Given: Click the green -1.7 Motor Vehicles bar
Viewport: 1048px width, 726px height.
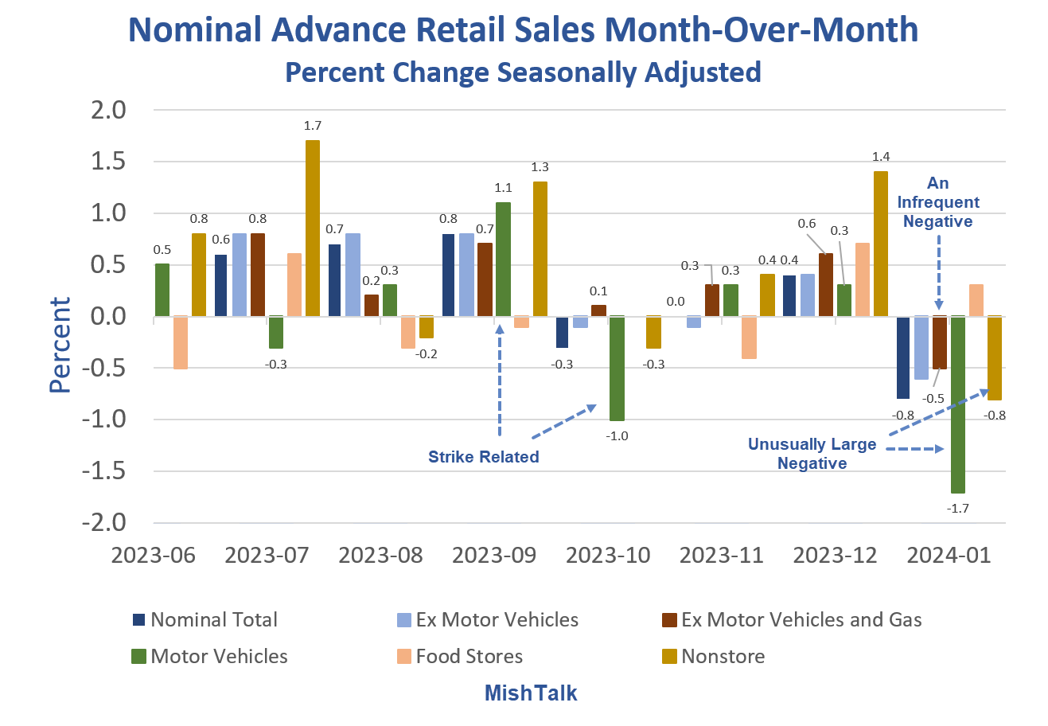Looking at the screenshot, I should (957, 404).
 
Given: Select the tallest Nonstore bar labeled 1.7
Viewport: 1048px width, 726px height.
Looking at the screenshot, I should (313, 228).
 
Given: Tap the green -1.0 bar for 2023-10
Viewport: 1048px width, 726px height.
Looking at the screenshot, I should (617, 368).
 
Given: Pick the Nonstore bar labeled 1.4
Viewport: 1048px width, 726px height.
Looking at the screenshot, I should (881, 244).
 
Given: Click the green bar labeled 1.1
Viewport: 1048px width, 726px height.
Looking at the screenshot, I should (503, 260).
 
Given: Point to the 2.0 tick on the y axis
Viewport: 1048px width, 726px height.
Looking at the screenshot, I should (110, 110).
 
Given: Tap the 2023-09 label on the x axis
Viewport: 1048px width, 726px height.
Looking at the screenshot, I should (494, 555).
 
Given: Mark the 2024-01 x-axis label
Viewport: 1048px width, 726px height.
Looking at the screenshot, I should (949, 555).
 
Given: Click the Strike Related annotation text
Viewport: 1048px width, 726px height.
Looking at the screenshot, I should (484, 457).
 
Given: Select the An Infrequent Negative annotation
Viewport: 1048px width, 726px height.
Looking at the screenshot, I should (938, 202).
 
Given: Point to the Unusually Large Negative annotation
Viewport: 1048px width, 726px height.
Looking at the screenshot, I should (812, 454).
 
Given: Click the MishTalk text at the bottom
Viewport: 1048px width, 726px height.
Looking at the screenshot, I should (531, 693).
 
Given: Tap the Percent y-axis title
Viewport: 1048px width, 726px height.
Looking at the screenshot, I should (60, 345).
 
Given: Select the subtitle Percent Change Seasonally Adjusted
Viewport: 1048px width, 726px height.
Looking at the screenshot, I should (523, 72).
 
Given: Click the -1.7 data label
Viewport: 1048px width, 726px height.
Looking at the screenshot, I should (958, 508).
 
